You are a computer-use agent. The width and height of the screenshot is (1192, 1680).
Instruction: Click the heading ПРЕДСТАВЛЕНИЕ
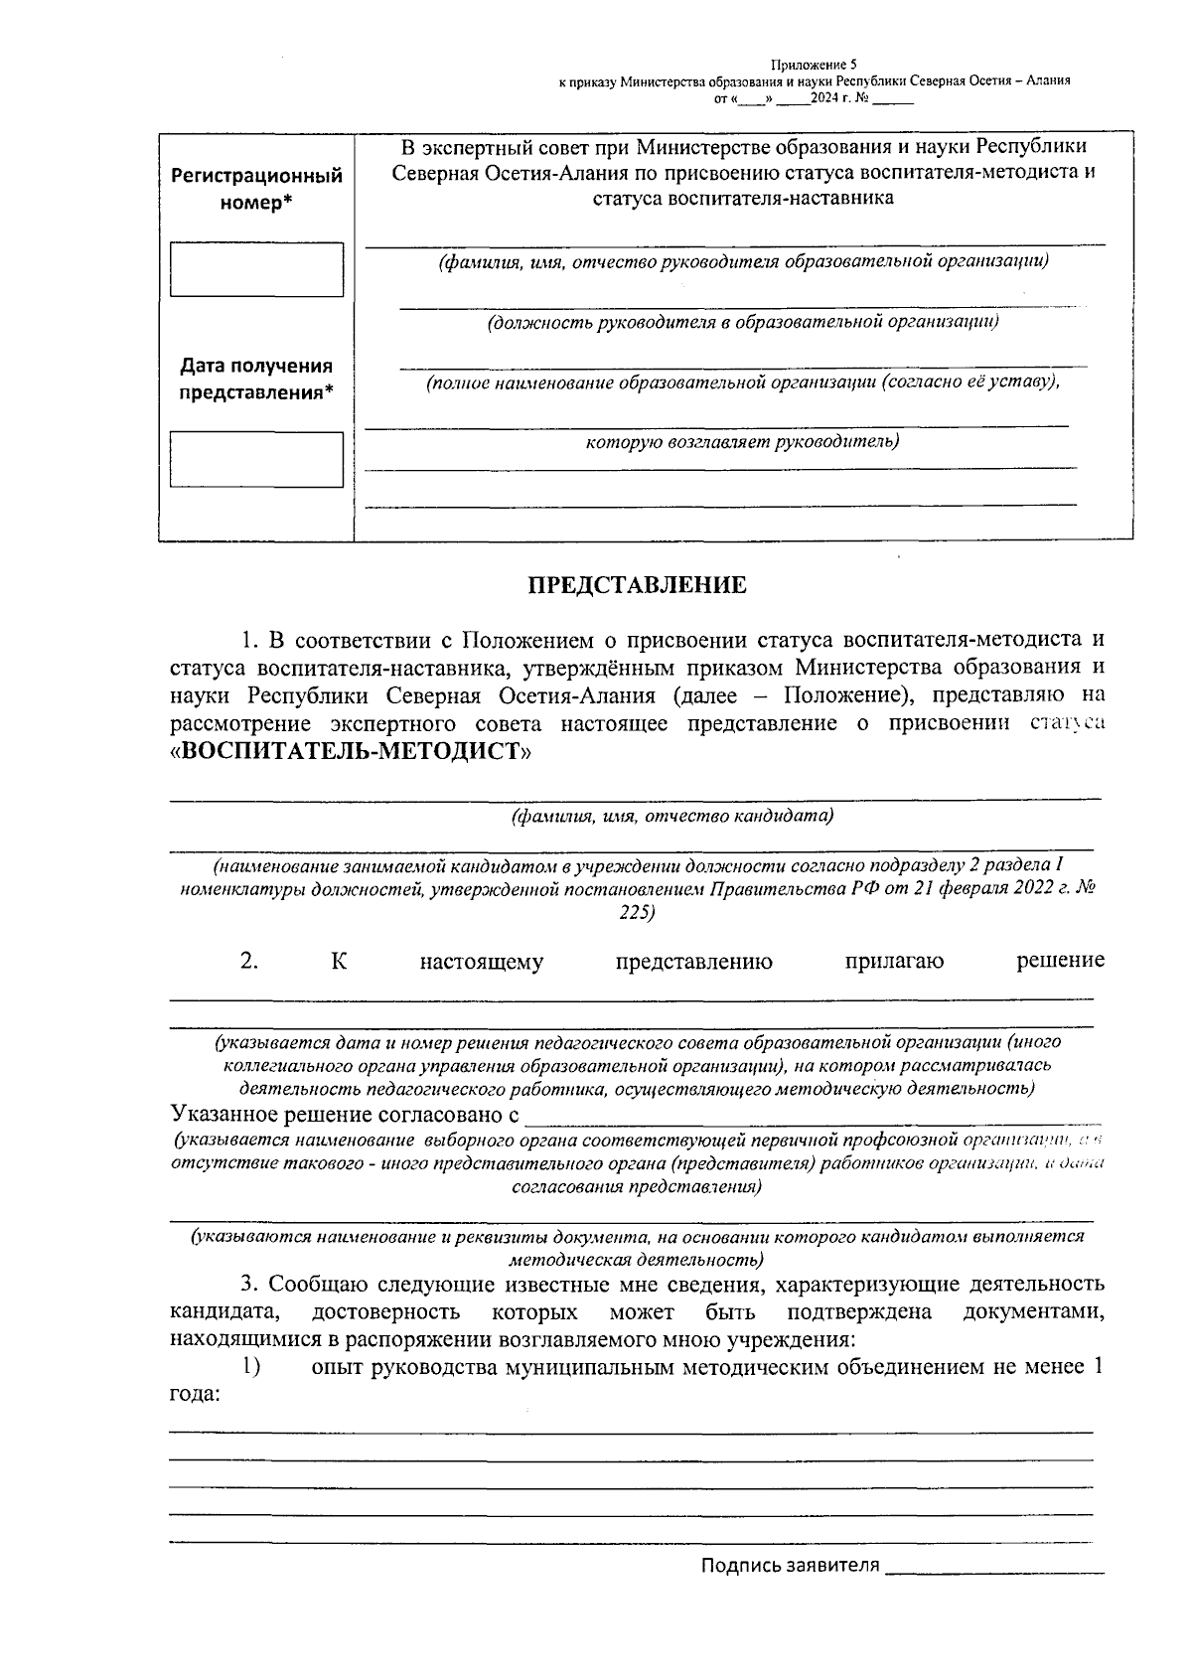tap(636, 585)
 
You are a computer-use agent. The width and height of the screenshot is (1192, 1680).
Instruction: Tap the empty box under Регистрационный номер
tap(256, 269)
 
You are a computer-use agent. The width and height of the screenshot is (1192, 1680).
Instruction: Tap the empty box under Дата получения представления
tap(256, 459)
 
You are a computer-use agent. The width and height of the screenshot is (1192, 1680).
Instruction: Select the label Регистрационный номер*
tap(256, 189)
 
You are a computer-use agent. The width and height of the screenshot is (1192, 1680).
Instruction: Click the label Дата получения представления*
tap(256, 379)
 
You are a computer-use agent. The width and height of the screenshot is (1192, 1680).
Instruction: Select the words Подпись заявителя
tap(790, 1566)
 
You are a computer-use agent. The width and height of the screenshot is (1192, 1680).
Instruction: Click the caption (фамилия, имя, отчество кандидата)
tap(671, 817)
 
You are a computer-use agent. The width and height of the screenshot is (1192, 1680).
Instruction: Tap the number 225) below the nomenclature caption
tap(636, 912)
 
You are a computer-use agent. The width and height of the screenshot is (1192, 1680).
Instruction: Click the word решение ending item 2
tap(1060, 961)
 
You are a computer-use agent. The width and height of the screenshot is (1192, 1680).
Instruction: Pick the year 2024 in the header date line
tap(823, 98)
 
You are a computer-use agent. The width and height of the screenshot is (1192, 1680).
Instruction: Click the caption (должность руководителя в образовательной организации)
tap(743, 322)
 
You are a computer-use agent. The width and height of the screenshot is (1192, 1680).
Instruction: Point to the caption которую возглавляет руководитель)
tap(743, 441)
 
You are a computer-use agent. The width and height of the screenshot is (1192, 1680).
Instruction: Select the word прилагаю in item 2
tap(894, 961)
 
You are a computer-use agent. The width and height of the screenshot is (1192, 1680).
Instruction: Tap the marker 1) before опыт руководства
tap(250, 1367)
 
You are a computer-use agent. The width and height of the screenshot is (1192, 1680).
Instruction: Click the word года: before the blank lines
tap(195, 1394)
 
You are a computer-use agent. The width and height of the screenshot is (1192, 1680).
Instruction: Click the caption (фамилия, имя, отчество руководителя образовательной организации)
tap(744, 262)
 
